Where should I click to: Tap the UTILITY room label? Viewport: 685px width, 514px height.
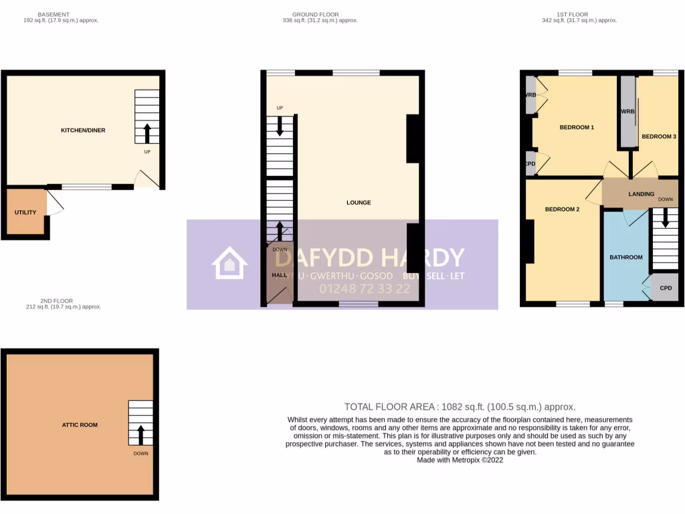point(25,212)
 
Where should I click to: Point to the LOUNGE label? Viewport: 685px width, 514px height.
point(359,202)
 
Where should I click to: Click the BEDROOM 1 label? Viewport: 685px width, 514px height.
point(577,127)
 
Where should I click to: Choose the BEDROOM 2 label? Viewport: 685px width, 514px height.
point(562,209)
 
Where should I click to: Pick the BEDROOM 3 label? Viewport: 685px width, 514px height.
point(659,137)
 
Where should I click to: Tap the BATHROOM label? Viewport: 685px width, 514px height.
point(625,257)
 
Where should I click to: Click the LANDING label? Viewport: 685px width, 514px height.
point(641,194)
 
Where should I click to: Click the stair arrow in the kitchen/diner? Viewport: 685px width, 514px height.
point(147,133)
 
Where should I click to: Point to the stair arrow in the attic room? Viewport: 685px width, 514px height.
point(140,434)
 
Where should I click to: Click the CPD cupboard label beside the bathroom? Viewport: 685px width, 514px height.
point(666,288)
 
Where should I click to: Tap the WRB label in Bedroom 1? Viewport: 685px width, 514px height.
point(530,95)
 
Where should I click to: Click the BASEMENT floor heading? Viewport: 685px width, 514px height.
point(54,14)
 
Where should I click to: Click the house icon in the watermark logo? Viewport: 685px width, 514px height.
point(229,263)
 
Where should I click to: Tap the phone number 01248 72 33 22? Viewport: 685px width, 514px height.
point(364,289)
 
